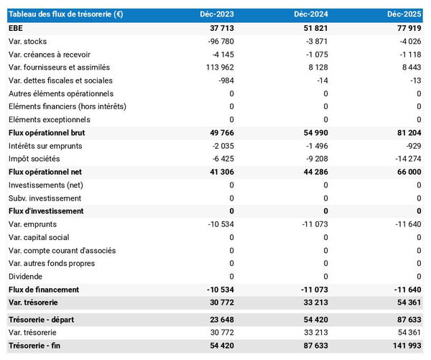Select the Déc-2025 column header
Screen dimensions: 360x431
click(x=406, y=14)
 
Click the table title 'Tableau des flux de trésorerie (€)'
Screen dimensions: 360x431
click(x=65, y=14)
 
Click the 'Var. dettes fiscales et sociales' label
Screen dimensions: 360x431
click(x=60, y=80)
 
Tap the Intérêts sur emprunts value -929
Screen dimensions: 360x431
click(x=412, y=146)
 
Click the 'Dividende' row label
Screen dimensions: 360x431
click(x=26, y=277)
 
